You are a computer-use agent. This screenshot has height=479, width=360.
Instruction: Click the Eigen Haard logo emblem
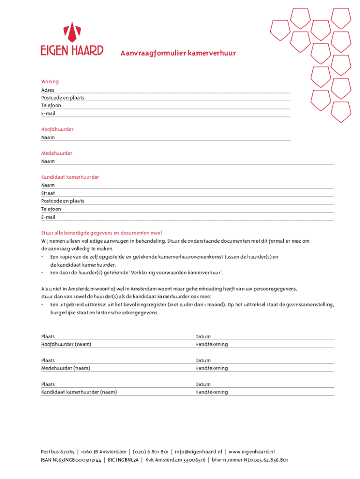click(72, 31)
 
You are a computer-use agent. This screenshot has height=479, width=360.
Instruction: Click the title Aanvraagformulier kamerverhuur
click(178, 53)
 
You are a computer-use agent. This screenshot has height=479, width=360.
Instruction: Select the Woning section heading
click(50, 81)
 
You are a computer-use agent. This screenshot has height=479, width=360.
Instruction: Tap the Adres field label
click(48, 90)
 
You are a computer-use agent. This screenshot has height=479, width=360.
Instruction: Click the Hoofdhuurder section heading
click(57, 129)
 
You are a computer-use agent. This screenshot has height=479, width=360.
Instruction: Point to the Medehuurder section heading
click(57, 153)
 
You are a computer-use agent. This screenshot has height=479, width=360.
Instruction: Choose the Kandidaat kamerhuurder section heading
click(70, 177)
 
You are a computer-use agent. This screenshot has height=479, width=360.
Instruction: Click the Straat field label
click(48, 193)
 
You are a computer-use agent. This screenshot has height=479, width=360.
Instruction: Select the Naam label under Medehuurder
click(48, 161)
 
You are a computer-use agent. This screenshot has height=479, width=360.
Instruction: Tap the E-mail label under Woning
click(48, 113)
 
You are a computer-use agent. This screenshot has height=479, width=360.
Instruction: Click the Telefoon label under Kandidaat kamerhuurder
click(51, 209)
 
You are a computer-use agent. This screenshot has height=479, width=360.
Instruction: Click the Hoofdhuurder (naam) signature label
click(66, 344)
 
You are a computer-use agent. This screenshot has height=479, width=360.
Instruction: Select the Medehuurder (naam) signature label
click(65, 368)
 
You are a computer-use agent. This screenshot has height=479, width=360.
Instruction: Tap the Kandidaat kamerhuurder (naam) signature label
click(79, 392)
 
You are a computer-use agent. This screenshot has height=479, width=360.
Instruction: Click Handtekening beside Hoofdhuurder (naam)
click(211, 344)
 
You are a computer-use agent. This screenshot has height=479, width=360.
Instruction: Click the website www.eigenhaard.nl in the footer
click(251, 452)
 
